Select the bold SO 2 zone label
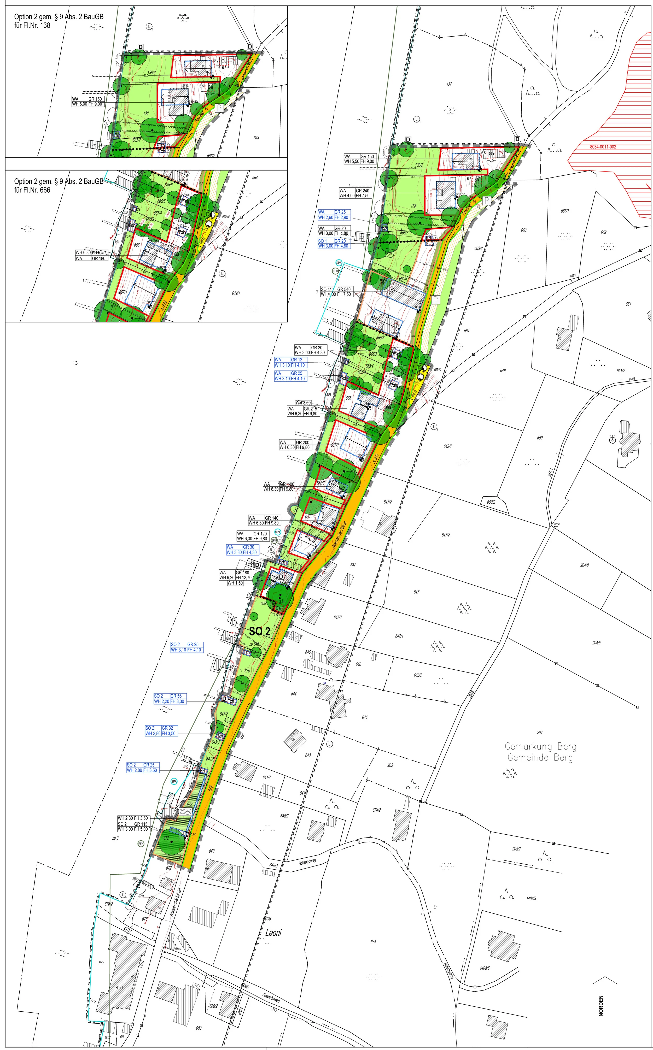260,631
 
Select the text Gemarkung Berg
540,747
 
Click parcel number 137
449,84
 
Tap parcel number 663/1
564,211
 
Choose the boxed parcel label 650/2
491,502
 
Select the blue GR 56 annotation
176,696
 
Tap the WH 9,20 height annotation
227,577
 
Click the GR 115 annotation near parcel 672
141,824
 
